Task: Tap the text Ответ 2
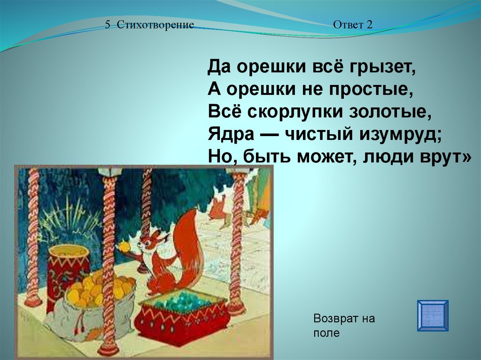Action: tap(353, 24)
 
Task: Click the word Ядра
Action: tap(231, 134)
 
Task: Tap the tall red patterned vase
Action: tap(68, 273)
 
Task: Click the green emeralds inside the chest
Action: tap(181, 300)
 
